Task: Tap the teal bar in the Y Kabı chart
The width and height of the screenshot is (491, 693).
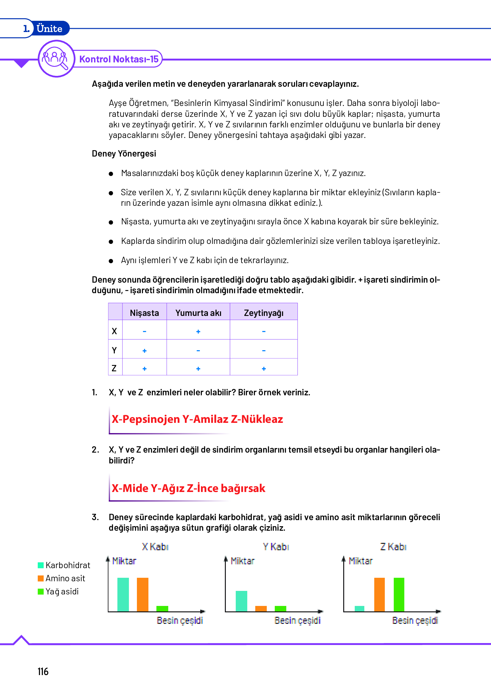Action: pyautogui.click(x=241, y=601)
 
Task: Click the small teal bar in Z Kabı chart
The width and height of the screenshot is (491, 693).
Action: pyautogui.click(x=360, y=608)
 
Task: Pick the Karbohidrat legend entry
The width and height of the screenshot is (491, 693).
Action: pyautogui.click(x=64, y=565)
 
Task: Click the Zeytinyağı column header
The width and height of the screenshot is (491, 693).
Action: pyautogui.click(x=264, y=313)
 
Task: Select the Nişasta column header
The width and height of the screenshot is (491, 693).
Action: pyautogui.click(x=144, y=313)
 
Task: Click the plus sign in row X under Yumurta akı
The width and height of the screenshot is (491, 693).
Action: pyautogui.click(x=198, y=332)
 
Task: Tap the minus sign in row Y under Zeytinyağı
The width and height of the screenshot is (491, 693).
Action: pyautogui.click(x=264, y=351)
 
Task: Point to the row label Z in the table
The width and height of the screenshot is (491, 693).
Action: pyautogui.click(x=114, y=368)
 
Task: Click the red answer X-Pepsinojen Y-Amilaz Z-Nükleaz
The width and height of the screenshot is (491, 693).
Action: pyautogui.click(x=197, y=419)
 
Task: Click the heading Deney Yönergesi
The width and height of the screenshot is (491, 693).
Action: pyautogui.click(x=124, y=154)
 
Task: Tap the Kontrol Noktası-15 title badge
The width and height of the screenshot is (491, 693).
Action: pyautogui.click(x=119, y=59)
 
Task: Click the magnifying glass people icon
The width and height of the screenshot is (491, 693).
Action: pyautogui.click(x=56, y=59)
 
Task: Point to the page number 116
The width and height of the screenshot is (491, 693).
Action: pyautogui.click(x=43, y=672)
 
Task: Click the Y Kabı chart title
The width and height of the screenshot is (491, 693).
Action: pyautogui.click(x=276, y=547)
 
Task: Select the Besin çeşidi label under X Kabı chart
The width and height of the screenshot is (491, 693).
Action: pyautogui.click(x=180, y=621)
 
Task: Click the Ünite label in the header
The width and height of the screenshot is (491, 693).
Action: pyautogui.click(x=49, y=29)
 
